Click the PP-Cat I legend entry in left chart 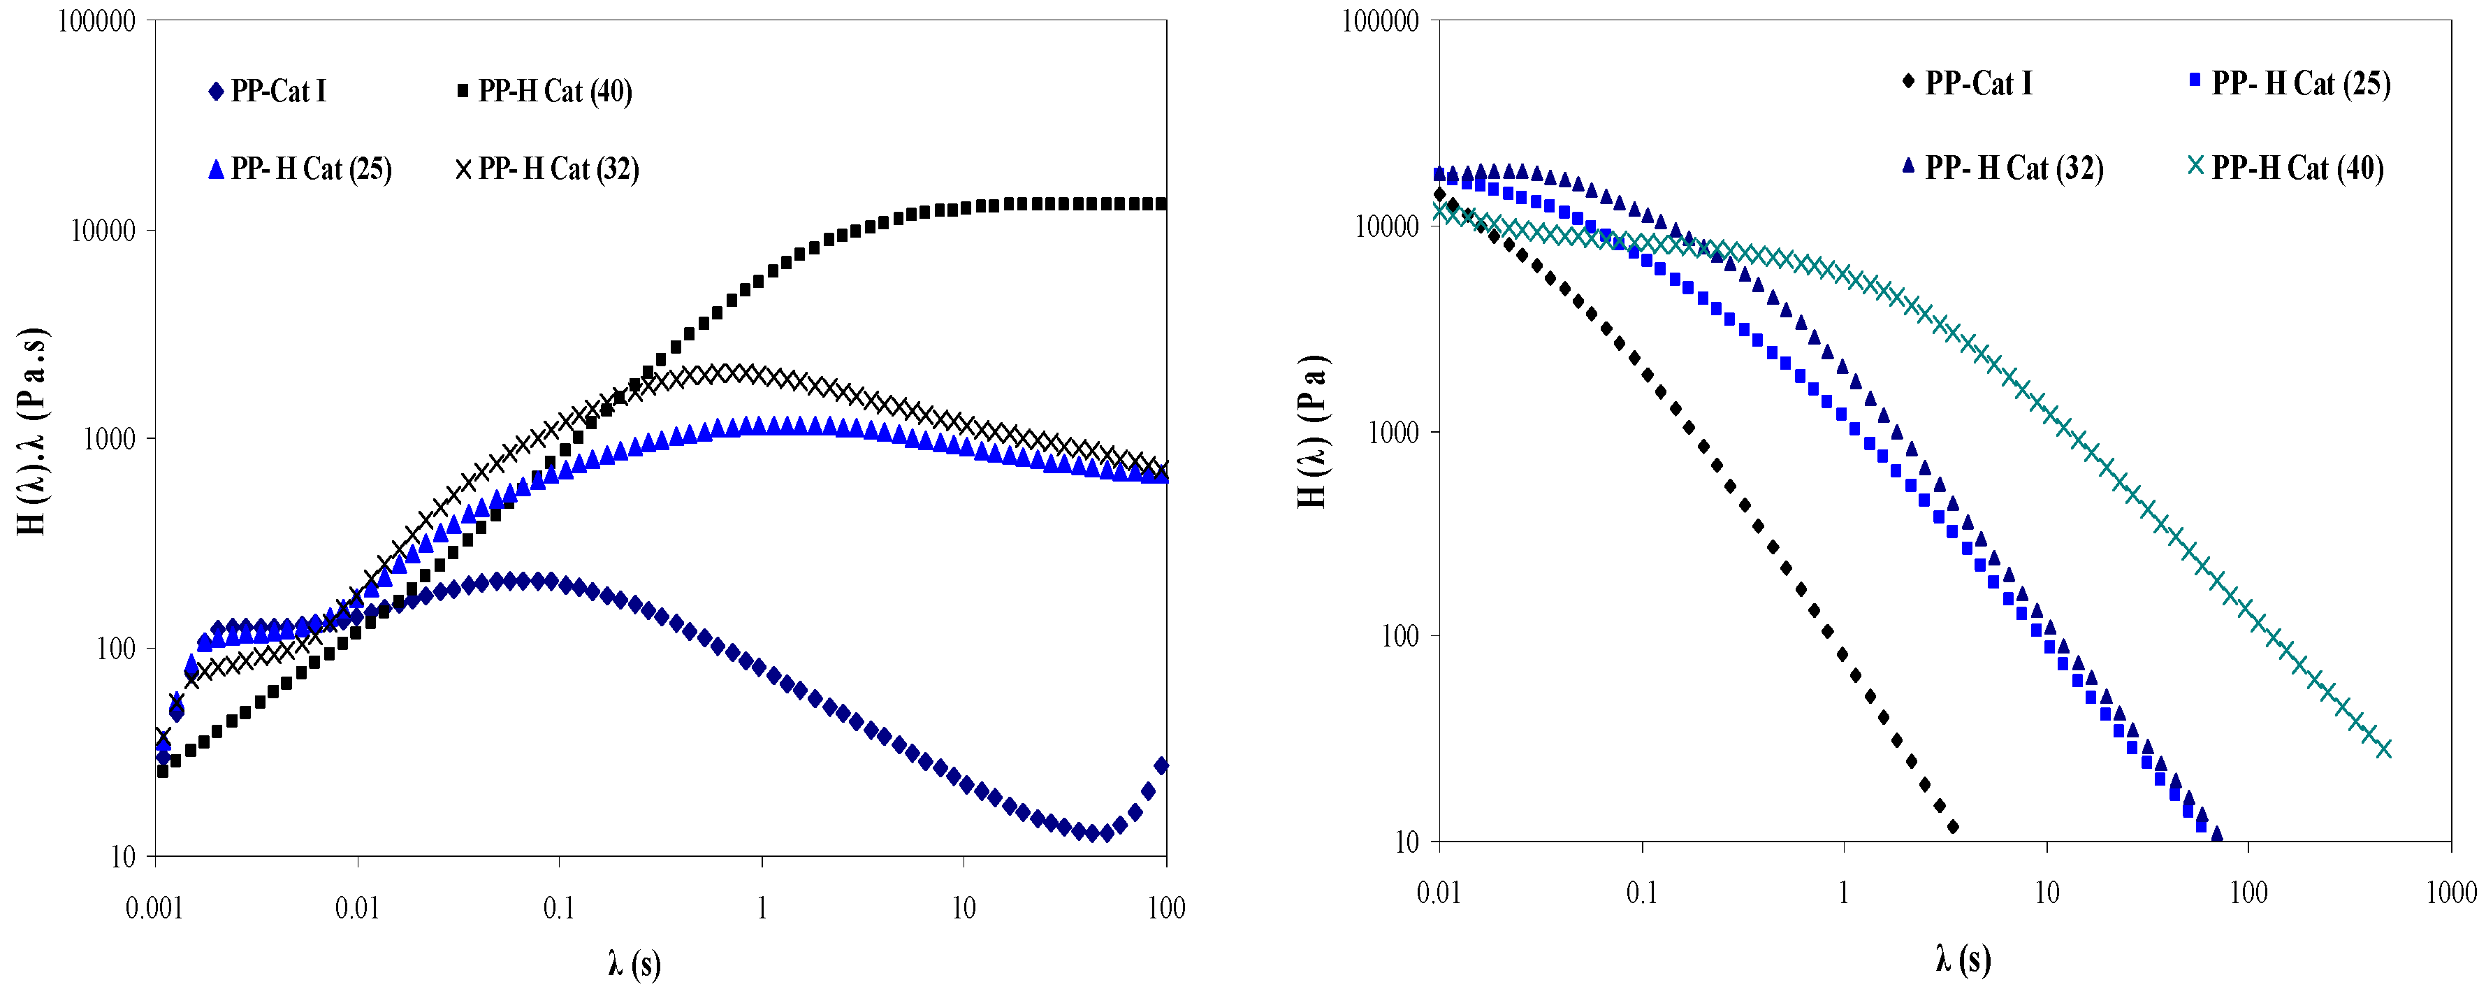click(268, 92)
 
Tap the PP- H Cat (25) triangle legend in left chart click(300, 169)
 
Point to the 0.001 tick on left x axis click(154, 908)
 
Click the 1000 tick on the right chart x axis click(2450, 892)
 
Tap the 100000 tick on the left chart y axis click(96, 21)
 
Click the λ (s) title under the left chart click(634, 963)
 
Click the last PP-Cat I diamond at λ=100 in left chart click(1162, 765)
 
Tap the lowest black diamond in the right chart click(1954, 827)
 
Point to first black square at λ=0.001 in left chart click(162, 771)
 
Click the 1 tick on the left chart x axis click(762, 908)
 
